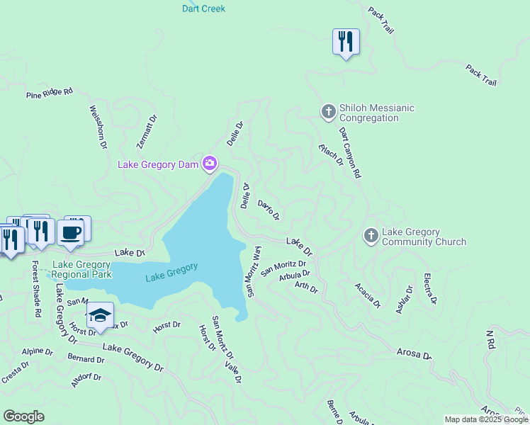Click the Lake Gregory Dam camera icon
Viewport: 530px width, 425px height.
tap(210, 164)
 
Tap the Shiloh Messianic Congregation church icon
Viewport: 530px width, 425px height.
tap(327, 112)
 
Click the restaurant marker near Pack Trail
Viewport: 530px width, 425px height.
tap(346, 42)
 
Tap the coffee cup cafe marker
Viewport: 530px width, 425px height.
tap(71, 232)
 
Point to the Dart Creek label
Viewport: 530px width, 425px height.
tap(203, 8)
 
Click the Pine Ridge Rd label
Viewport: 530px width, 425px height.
tap(50, 93)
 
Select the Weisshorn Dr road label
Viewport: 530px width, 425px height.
tap(98, 127)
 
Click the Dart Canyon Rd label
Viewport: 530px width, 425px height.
tap(350, 152)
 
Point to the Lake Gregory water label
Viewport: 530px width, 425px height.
tap(171, 271)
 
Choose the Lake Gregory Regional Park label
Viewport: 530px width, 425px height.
tap(82, 269)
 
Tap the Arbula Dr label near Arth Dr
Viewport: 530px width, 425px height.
tap(295, 275)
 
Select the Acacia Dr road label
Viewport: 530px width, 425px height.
tap(368, 295)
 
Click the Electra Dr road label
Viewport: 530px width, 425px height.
tap(429, 289)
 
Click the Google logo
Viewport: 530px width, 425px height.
tap(23, 416)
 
